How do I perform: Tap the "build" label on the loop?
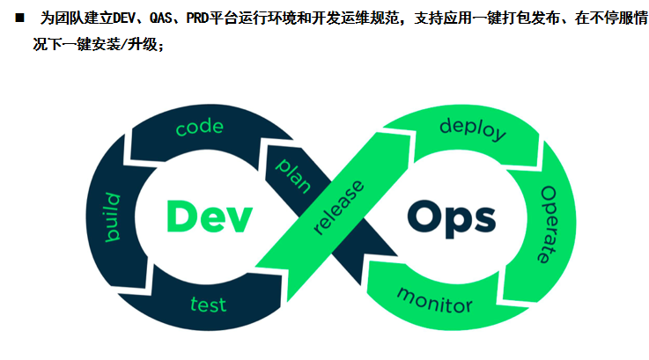tap(113, 216)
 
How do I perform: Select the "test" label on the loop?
tap(209, 305)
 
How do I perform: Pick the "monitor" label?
tap(434, 299)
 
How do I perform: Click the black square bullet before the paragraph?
tap(19, 19)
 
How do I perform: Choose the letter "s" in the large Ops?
tap(482, 218)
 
